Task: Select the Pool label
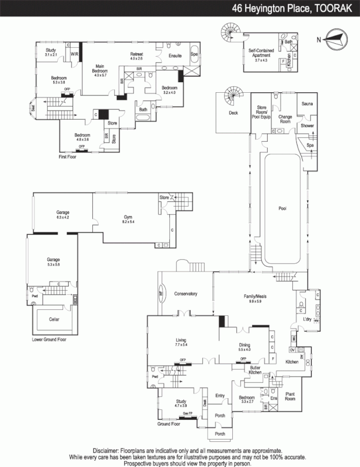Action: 282,208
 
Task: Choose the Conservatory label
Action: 185,294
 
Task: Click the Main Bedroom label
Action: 96,69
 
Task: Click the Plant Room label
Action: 292,396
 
